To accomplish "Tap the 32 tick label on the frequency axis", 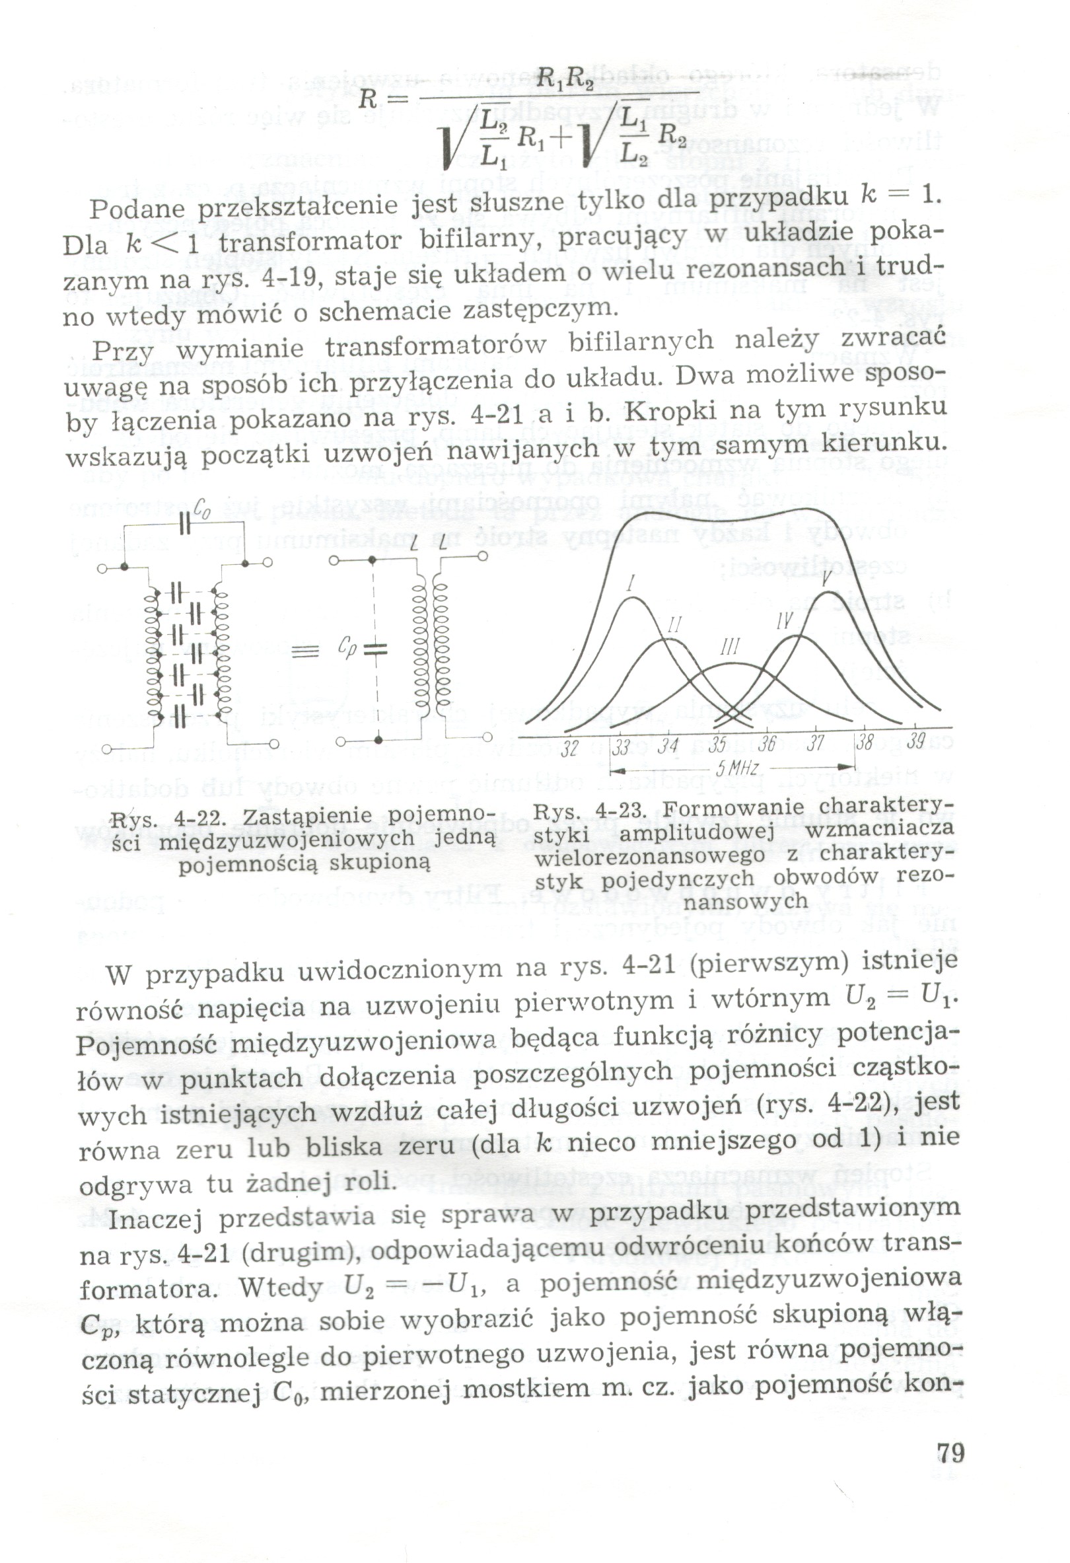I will click(569, 748).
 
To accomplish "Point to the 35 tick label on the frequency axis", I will click(717, 745).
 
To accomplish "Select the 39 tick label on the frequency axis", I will click(915, 742).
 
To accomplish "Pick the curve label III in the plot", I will click(730, 647).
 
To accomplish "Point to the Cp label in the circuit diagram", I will click(347, 647).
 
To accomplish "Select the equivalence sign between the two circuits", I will click(304, 650).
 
